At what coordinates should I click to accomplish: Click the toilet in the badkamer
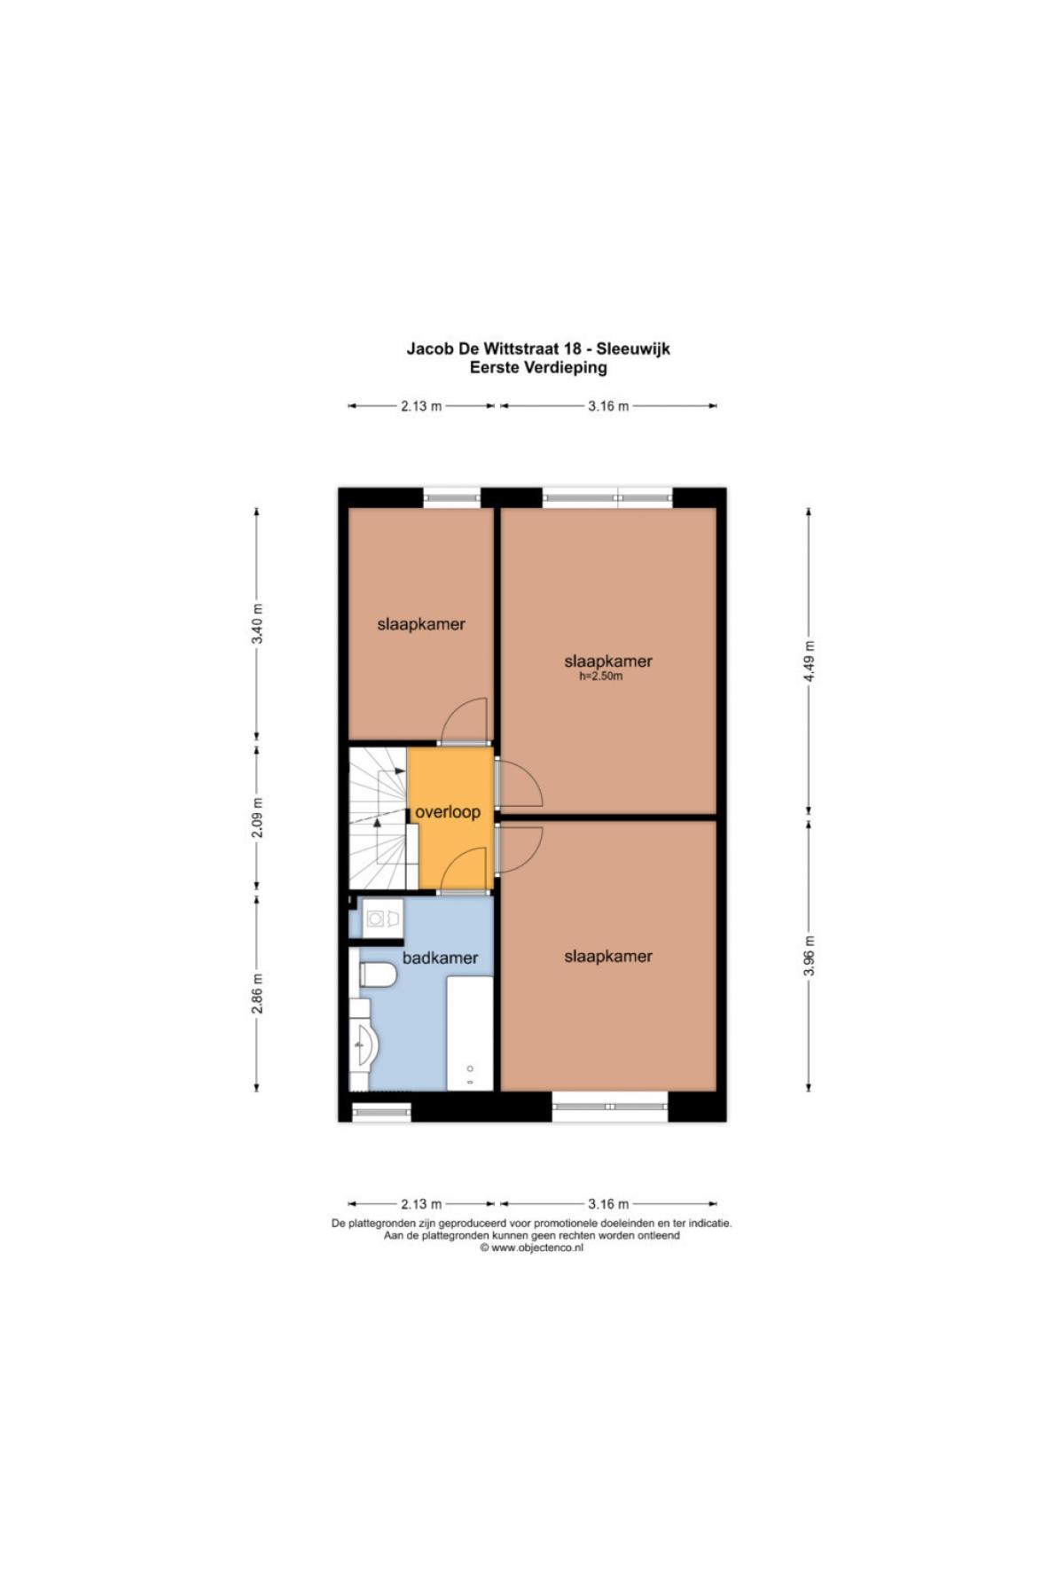377,974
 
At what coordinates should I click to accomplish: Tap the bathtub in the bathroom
469,1033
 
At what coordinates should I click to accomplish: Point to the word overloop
448,811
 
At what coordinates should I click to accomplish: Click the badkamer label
440,958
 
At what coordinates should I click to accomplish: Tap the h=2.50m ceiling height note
601,677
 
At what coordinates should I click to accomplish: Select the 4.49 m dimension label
809,661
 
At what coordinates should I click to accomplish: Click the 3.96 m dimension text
809,957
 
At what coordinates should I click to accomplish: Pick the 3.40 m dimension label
257,624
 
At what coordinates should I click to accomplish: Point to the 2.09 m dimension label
257,818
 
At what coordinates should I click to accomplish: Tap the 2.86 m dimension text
257,994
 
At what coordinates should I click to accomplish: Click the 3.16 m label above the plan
608,406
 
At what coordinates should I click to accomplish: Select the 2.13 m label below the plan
421,1204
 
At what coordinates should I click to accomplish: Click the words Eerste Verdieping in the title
538,367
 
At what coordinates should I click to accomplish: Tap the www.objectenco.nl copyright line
532,1248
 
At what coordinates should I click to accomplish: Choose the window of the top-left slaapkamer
451,497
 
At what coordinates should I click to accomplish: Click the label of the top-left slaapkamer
421,624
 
